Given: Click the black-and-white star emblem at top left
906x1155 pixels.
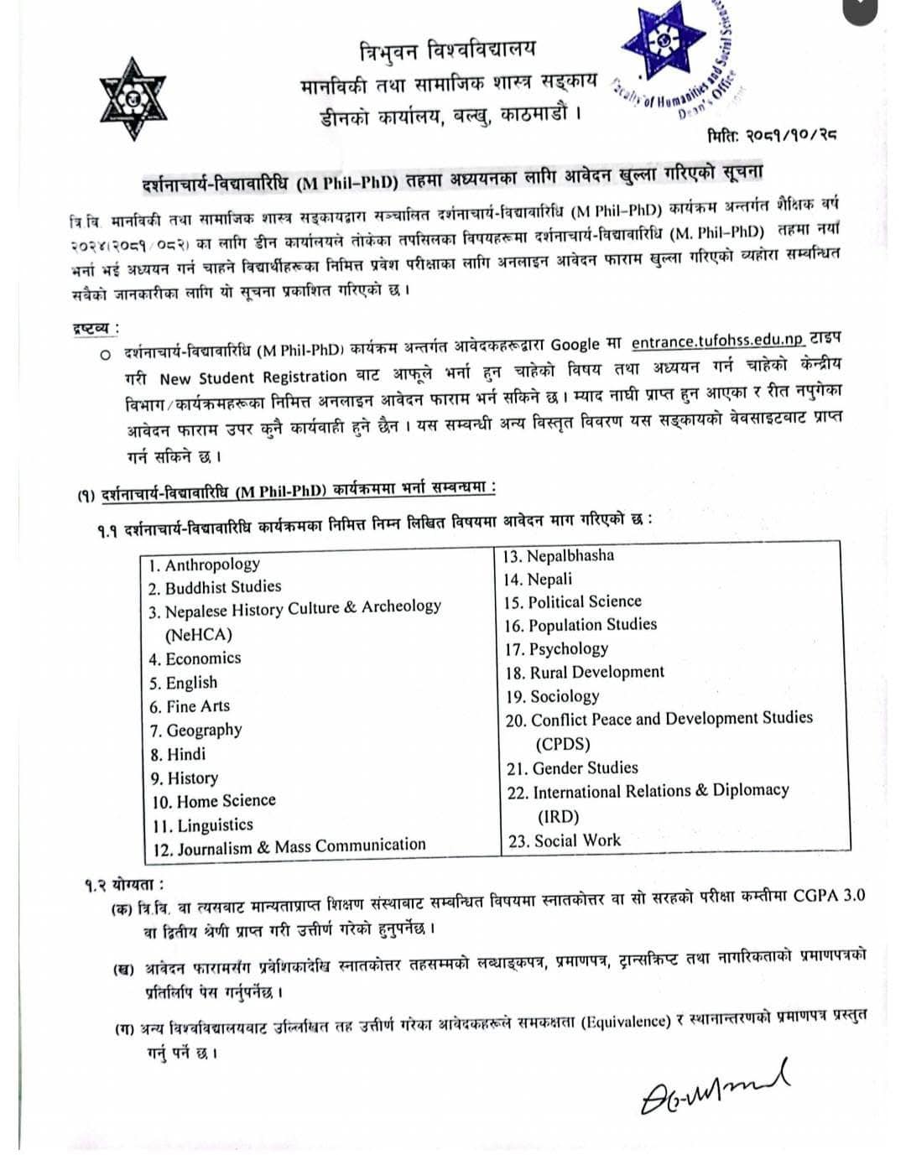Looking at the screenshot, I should click(x=133, y=100).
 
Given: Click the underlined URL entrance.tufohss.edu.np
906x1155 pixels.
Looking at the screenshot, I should click(x=717, y=341).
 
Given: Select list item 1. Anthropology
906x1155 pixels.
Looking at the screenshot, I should click(x=204, y=564).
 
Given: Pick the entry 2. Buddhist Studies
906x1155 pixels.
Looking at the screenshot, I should click(x=215, y=587).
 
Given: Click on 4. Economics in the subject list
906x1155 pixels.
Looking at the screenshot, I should click(x=195, y=658).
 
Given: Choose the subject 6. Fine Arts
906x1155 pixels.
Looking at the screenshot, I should click(x=190, y=706).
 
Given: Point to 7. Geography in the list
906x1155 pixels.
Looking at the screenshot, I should click(x=196, y=730).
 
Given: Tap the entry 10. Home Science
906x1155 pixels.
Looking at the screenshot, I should click(x=214, y=801).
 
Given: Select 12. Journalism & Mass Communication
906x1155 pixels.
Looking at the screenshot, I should click(x=289, y=847).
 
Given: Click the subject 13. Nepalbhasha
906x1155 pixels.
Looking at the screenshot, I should click(x=559, y=556).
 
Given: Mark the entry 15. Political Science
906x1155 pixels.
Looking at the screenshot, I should click(x=573, y=602).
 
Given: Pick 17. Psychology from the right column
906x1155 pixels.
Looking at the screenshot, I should click(x=557, y=648).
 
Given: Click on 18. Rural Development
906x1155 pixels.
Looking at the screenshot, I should click(x=585, y=672).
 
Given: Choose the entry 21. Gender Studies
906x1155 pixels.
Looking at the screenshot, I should click(x=573, y=767).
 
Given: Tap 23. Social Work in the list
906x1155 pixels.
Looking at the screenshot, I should click(x=565, y=840).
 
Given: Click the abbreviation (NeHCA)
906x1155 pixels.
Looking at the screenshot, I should click(x=199, y=635).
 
